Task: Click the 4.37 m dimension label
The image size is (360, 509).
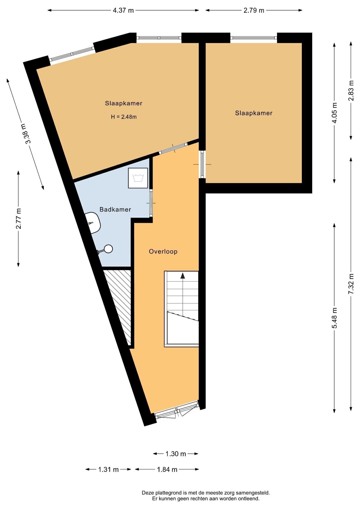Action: (x=123, y=10)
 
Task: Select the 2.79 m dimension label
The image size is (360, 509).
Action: (x=254, y=10)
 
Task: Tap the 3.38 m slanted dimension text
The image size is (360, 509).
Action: (x=28, y=134)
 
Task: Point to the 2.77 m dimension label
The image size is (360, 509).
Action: (x=18, y=219)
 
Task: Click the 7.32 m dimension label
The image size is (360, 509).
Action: (x=351, y=283)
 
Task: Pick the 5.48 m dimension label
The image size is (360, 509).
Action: (x=335, y=318)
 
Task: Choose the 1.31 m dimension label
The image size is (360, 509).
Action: (x=108, y=469)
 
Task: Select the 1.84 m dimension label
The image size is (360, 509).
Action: (x=167, y=469)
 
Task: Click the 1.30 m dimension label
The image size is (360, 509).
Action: (x=176, y=454)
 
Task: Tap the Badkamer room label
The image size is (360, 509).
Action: (x=115, y=209)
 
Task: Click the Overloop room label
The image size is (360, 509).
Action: (x=163, y=251)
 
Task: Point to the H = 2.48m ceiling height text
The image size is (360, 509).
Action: (x=124, y=117)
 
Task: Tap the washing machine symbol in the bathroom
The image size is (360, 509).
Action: (x=138, y=178)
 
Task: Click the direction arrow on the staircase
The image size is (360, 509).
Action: (x=182, y=276)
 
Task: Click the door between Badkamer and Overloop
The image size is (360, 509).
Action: (x=151, y=203)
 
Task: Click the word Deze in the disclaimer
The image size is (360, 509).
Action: (x=148, y=493)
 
